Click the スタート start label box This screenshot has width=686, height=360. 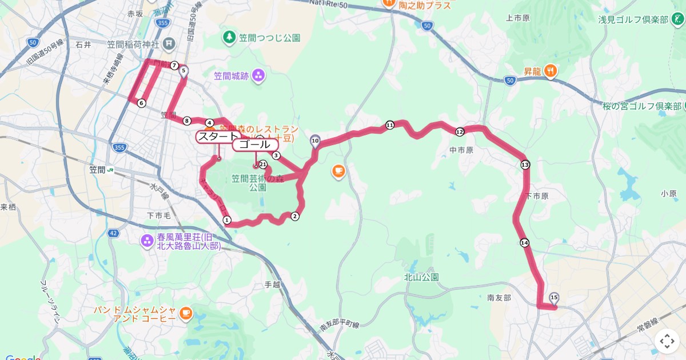coord(217,137)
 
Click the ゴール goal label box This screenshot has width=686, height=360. coord(255,145)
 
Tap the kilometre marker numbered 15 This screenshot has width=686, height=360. coord(553,297)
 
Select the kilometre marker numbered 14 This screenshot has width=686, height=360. coord(525,243)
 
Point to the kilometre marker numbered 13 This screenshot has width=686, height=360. coord(525,165)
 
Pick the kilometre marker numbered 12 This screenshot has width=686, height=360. coord(460,132)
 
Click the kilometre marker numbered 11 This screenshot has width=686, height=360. coord(390,125)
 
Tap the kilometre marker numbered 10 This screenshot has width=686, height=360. coord(315,140)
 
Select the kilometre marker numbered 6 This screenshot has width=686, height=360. coord(141,103)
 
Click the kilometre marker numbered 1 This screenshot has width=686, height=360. coord(227,220)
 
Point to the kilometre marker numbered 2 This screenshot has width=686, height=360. coord(295,216)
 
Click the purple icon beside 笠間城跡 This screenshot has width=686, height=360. coord(258,75)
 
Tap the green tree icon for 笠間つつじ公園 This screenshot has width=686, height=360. coord(229,38)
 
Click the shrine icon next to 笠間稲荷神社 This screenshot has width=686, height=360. coord(170,43)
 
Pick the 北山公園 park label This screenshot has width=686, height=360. coord(421,277)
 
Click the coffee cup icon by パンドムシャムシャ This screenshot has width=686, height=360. coord(185,313)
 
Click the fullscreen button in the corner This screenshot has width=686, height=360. coord(667,342)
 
